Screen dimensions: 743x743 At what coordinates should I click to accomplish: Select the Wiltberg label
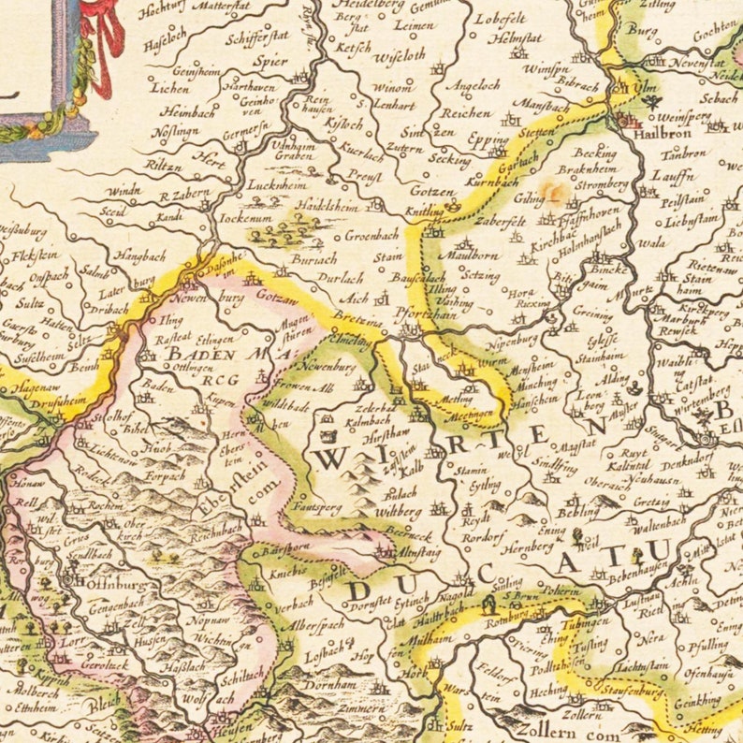pyautogui.click(x=397, y=513)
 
